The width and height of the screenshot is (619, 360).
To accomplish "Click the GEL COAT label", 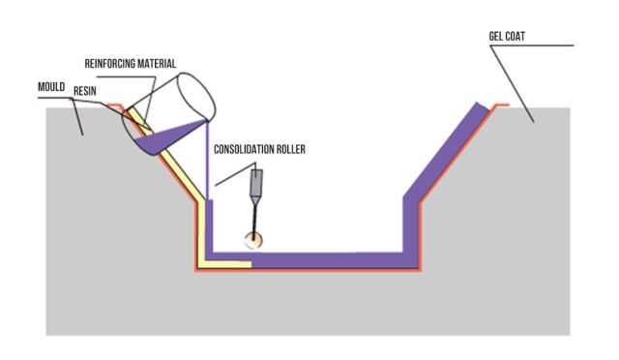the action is pyautogui.click(x=507, y=37).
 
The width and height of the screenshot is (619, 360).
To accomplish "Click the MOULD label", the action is pyautogui.click(x=51, y=87).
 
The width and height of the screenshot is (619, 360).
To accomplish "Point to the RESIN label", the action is pyautogui.click(x=85, y=91).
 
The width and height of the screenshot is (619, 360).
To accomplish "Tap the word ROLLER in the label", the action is pyautogui.click(x=292, y=149).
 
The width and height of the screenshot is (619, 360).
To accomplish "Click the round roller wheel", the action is pyautogui.click(x=253, y=240).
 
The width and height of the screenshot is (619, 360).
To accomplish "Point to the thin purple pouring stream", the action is pyautogui.click(x=207, y=162).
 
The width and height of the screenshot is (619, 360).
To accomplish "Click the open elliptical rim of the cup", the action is pyautogui.click(x=196, y=97).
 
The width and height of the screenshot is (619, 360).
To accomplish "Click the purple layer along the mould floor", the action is pyautogui.click(x=311, y=259).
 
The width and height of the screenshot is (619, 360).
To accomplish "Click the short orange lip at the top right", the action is pyautogui.click(x=501, y=105).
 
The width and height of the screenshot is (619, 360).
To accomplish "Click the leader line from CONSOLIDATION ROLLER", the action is pyautogui.click(x=235, y=174).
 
